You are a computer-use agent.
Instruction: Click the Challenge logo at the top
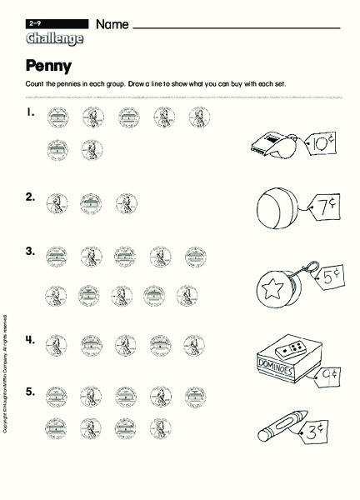pyautogui.click(x=54, y=38)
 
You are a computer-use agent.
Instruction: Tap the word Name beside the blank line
pyautogui.click(x=112, y=25)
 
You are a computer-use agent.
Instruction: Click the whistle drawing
pyautogui.click(x=272, y=147)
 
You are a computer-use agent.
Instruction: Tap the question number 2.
pyautogui.click(x=30, y=197)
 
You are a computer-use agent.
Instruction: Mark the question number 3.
pyautogui.click(x=30, y=251)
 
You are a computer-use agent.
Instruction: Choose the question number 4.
pyautogui.click(x=30, y=339)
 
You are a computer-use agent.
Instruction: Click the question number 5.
pyautogui.click(x=30, y=391)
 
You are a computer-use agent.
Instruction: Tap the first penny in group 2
pyautogui.click(x=57, y=203)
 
